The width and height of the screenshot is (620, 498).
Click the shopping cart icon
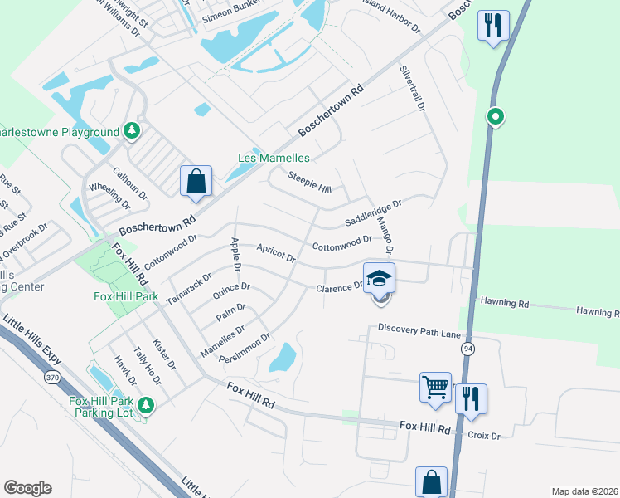tap(435, 388)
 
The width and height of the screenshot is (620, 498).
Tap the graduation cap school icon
tap(379, 277)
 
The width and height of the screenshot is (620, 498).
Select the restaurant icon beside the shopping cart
tap(470, 398)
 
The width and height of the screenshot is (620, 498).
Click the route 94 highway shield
tap(469, 347)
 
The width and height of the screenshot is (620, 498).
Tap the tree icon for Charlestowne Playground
tap(131, 131)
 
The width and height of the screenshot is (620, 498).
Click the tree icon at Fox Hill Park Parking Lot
tap(146, 405)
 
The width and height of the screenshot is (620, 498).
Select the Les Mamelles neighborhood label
tap(274, 158)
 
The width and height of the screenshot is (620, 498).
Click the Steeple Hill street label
tap(308, 179)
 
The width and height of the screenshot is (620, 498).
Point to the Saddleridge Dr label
tap(373, 213)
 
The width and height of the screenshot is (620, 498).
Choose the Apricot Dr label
tap(276, 252)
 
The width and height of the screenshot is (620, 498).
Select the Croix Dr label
tap(484, 435)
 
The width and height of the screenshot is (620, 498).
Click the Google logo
tap(27, 487)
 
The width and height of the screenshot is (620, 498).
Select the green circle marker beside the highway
tap(495, 117)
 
